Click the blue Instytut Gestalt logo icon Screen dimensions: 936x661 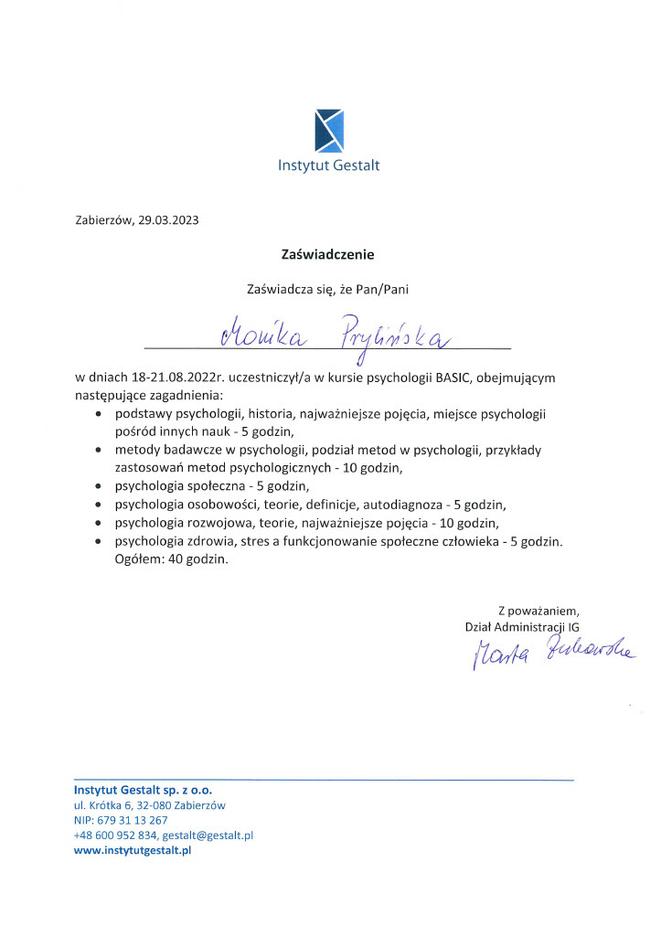[x=329, y=130]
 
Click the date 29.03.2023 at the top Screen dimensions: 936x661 [x=169, y=219]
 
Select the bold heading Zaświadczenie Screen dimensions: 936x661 [x=328, y=255]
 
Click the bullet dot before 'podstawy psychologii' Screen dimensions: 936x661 [x=99, y=414]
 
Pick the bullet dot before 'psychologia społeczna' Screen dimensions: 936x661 [x=99, y=485]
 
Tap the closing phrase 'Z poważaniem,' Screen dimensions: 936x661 [x=538, y=610]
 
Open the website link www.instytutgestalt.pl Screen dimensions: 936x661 [x=133, y=850]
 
